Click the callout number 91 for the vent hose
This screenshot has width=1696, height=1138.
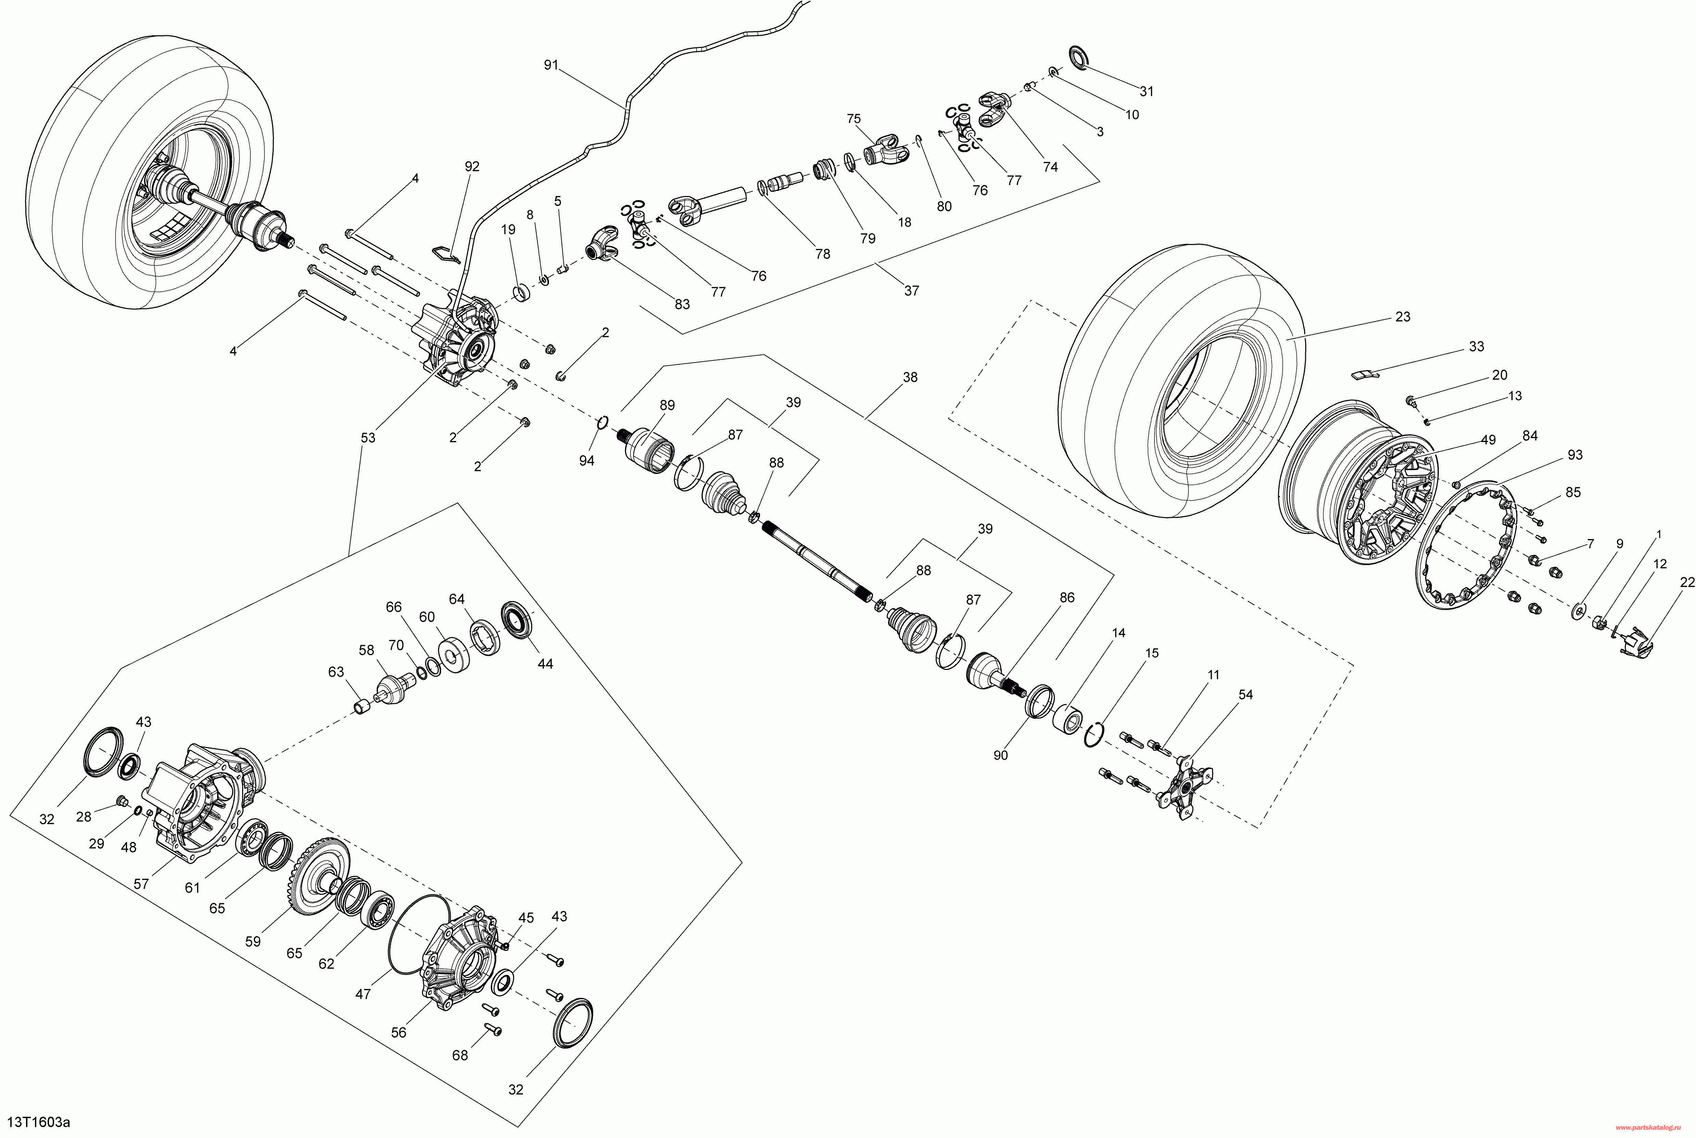tap(551, 65)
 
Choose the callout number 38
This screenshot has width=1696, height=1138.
tap(910, 377)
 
